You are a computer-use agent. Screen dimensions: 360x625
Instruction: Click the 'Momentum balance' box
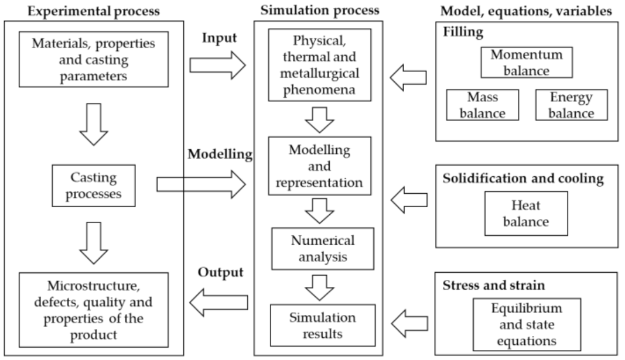pos(518,63)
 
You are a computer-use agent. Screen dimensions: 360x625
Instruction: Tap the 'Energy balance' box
pos(563,104)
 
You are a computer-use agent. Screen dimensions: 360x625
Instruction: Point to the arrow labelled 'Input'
pos(219,63)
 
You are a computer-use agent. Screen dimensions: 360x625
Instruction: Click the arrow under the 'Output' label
pos(219,301)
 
